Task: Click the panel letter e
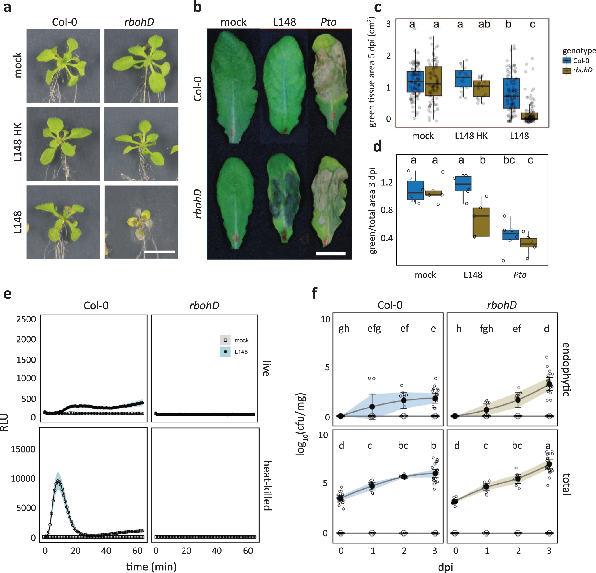coord(7,294)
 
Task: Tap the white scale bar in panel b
coord(330,253)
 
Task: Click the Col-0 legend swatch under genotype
coord(567,61)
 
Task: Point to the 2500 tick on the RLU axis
coord(26,319)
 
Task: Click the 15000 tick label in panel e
coord(23,449)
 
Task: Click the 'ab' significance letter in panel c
coord(484,24)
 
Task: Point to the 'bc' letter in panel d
coord(509,160)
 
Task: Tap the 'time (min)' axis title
coord(151,567)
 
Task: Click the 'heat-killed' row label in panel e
coord(267,485)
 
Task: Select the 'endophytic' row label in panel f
coord(566,369)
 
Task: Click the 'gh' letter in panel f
coord(344,329)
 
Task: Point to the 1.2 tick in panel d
coord(387,183)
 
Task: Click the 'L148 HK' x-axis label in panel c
coord(471,136)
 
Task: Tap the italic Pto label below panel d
coord(520,275)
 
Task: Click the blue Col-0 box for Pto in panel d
coord(511,235)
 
